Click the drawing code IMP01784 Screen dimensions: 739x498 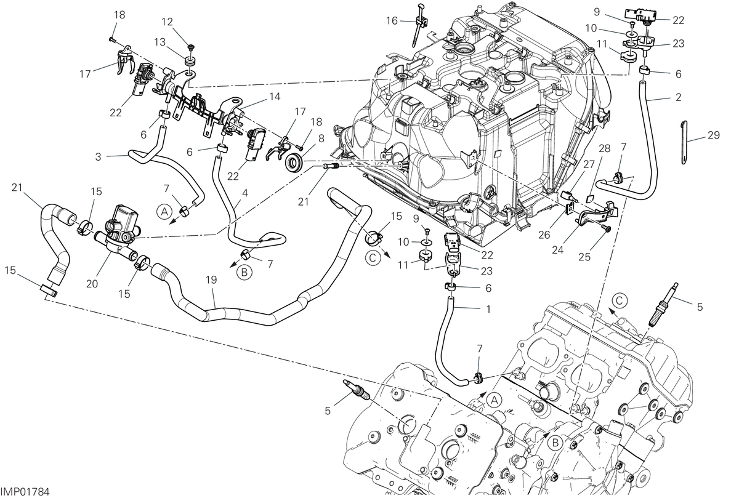click(25, 492)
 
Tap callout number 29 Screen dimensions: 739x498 click(714, 135)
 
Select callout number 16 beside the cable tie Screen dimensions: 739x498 click(392, 21)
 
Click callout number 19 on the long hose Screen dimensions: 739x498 click(211, 279)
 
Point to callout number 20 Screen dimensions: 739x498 click(92, 283)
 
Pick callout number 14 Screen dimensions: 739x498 click(275, 97)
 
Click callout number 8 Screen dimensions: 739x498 click(321, 138)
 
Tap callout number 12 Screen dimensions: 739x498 click(168, 22)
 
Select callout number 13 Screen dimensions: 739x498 click(160, 42)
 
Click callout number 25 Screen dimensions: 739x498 click(584, 257)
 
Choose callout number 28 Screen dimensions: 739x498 click(605, 148)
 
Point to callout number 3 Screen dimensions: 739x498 click(99, 156)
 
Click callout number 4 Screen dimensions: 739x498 click(244, 193)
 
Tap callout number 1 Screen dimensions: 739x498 click(488, 309)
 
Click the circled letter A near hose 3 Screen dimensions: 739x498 click(164, 212)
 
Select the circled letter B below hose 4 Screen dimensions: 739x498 click(244, 273)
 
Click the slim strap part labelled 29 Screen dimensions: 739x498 click(684, 143)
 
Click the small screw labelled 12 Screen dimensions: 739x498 click(191, 47)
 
